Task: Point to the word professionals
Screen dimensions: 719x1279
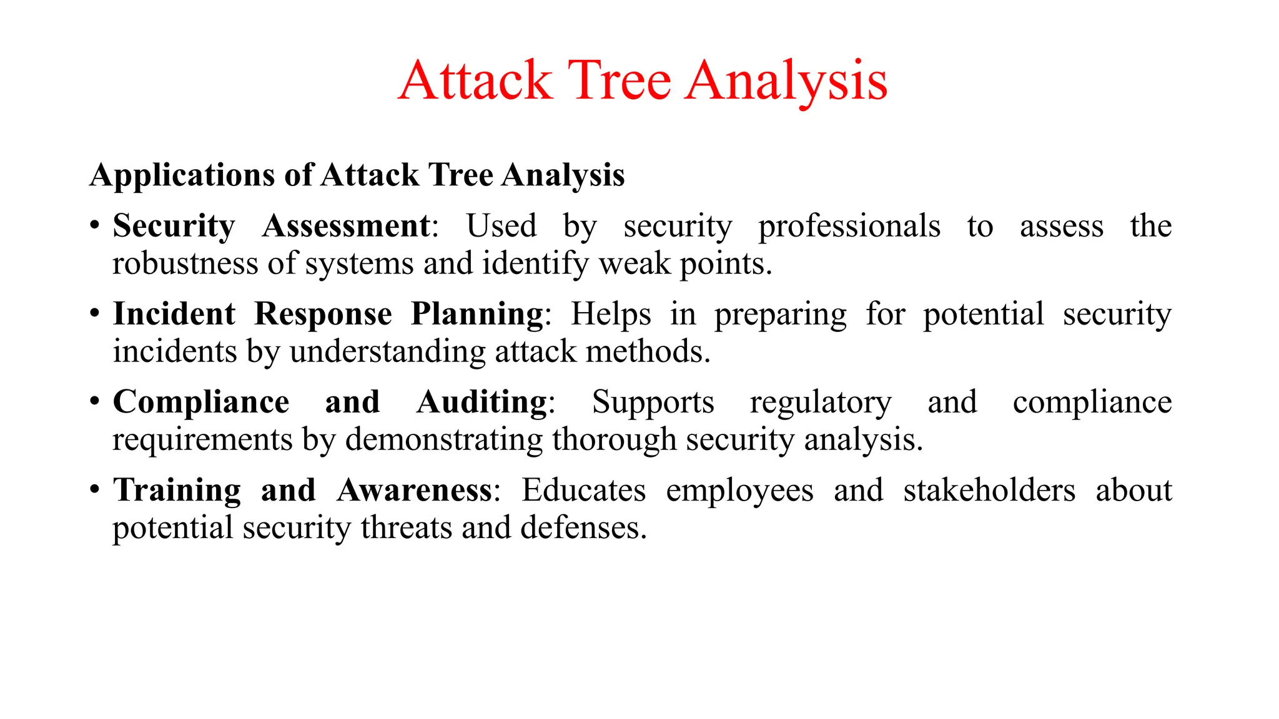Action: coord(849,227)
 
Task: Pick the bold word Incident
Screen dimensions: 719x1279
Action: coord(174,313)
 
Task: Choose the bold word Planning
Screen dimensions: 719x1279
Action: coord(477,315)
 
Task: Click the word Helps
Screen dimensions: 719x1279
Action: coord(611,315)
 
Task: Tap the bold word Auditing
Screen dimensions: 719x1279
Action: coord(482,403)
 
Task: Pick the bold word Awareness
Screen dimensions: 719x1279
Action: coord(415,490)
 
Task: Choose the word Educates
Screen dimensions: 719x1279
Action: coord(584,490)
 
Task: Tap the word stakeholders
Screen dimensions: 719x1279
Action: coord(989,490)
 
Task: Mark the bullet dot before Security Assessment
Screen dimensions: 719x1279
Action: coord(94,225)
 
